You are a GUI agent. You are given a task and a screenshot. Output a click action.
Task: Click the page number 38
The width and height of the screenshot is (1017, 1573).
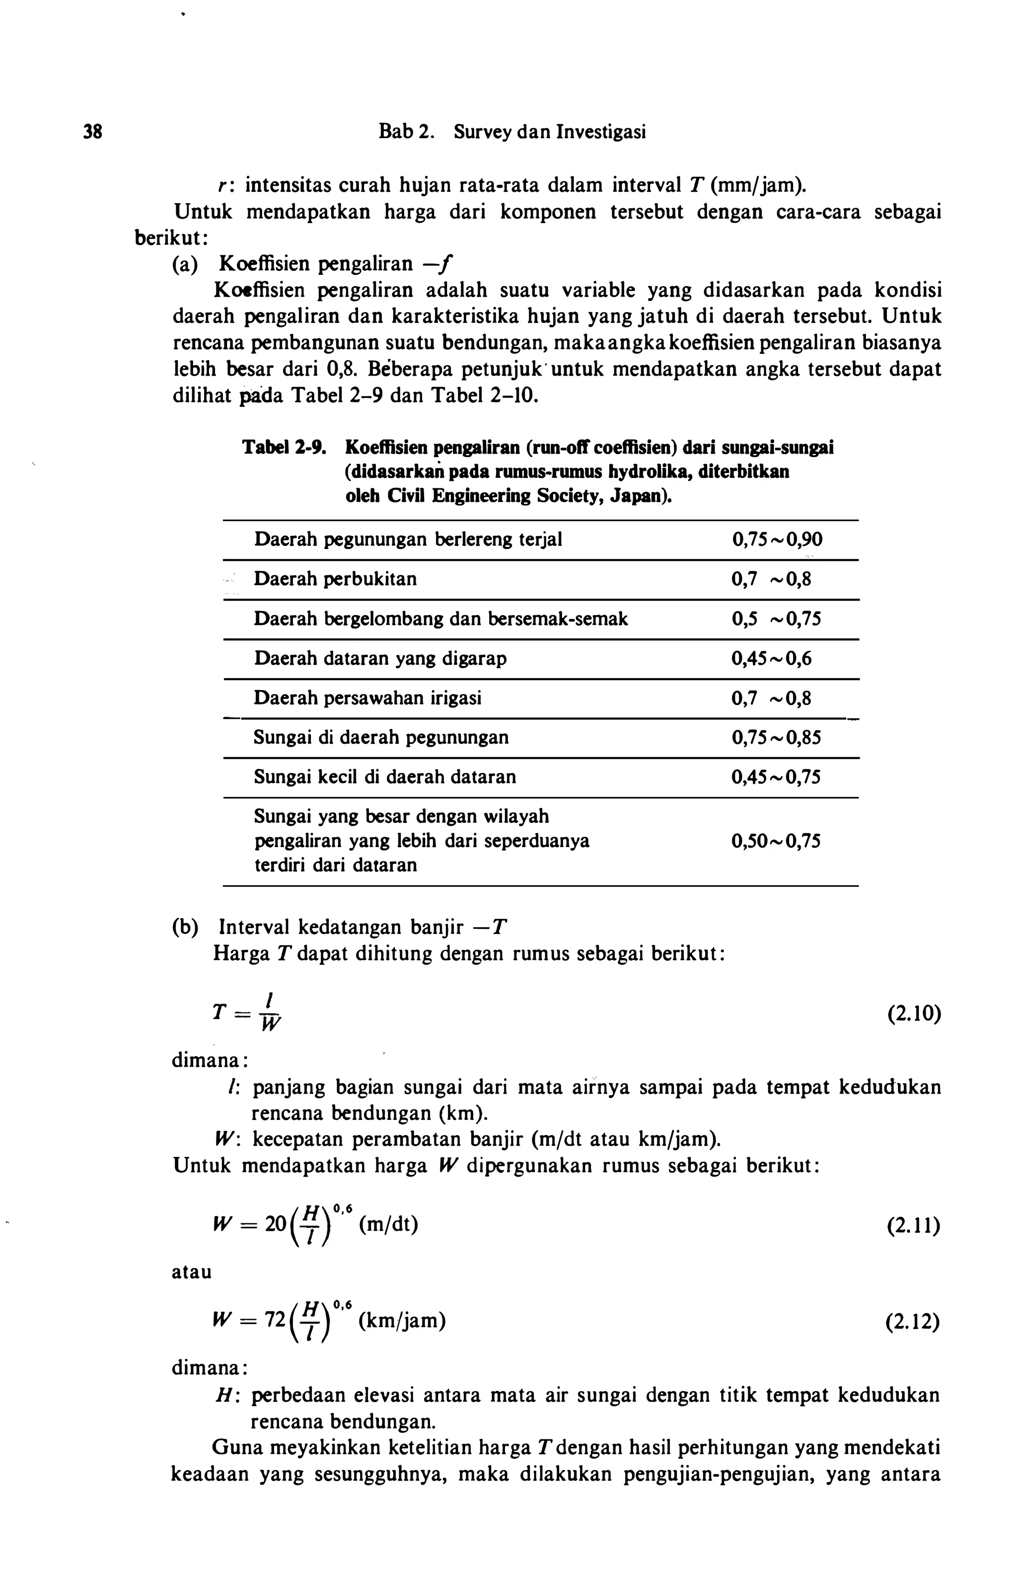click(x=92, y=132)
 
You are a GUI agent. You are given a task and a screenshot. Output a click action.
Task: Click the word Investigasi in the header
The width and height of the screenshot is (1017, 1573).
click(x=600, y=132)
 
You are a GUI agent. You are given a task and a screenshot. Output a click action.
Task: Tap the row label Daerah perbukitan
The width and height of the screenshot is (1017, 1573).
click(x=336, y=579)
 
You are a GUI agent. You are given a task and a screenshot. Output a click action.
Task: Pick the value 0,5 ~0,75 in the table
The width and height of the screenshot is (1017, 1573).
click(x=776, y=619)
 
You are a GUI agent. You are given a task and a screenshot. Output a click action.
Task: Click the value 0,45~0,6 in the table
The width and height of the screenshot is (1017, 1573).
click(x=771, y=659)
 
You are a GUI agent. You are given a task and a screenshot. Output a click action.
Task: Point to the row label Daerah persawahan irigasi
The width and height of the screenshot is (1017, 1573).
click(x=368, y=698)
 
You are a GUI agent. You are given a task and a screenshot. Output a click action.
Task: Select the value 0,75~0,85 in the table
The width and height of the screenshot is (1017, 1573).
click(x=776, y=737)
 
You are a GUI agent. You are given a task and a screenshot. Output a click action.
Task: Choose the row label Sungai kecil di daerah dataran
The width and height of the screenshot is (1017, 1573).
click(x=385, y=777)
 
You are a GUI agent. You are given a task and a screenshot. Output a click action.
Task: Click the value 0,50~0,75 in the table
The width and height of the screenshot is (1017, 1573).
click(x=776, y=841)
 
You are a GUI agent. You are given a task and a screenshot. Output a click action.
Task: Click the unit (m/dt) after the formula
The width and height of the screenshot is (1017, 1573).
click(x=389, y=1224)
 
